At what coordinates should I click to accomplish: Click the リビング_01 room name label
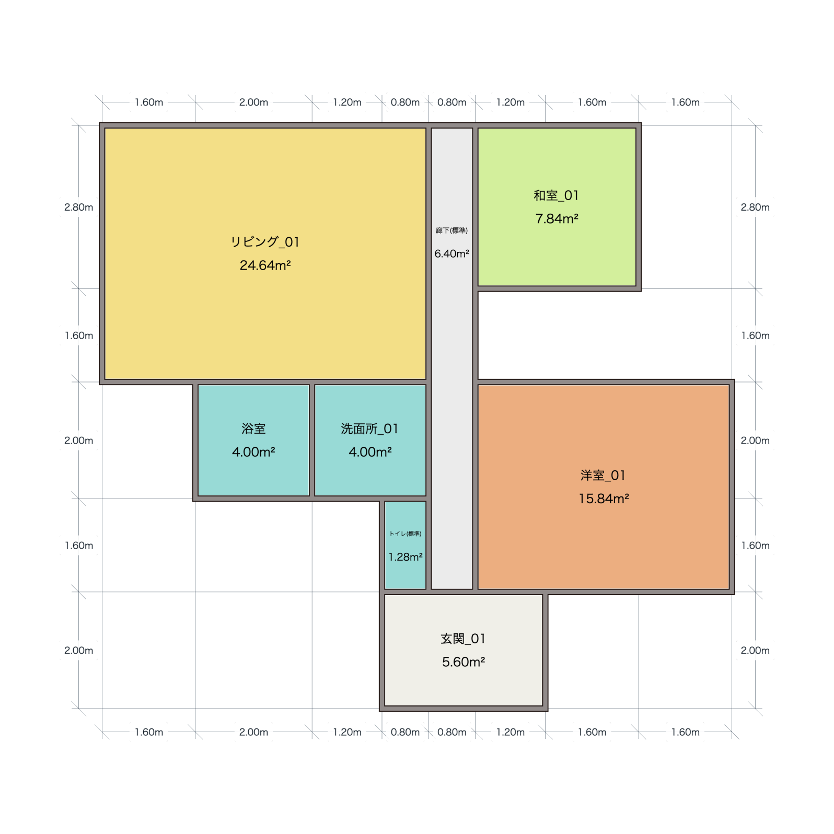[265, 242]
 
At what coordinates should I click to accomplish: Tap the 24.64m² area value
[265, 265]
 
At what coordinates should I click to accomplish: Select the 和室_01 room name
[557, 195]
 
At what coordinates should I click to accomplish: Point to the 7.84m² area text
[557, 219]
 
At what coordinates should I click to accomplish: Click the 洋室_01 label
[603, 476]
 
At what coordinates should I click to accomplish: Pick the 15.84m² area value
[604, 499]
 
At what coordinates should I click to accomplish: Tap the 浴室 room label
[253, 429]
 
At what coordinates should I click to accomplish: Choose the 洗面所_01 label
[370, 429]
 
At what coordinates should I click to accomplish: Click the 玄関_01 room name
[464, 639]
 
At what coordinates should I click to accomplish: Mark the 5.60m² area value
[464, 662]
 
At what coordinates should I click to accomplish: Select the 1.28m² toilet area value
[406, 557]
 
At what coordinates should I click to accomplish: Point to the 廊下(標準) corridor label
[452, 230]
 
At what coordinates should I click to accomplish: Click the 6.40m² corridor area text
[452, 253]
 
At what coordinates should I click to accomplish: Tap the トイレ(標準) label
[406, 534]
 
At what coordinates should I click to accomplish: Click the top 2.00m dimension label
[253, 102]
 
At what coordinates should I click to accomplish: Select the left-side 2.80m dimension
[79, 207]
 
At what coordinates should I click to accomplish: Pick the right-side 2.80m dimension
[755, 207]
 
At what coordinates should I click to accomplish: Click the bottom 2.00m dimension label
[253, 732]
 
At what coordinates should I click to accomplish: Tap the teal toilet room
[406, 545]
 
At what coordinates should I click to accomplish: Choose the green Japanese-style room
[557, 207]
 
